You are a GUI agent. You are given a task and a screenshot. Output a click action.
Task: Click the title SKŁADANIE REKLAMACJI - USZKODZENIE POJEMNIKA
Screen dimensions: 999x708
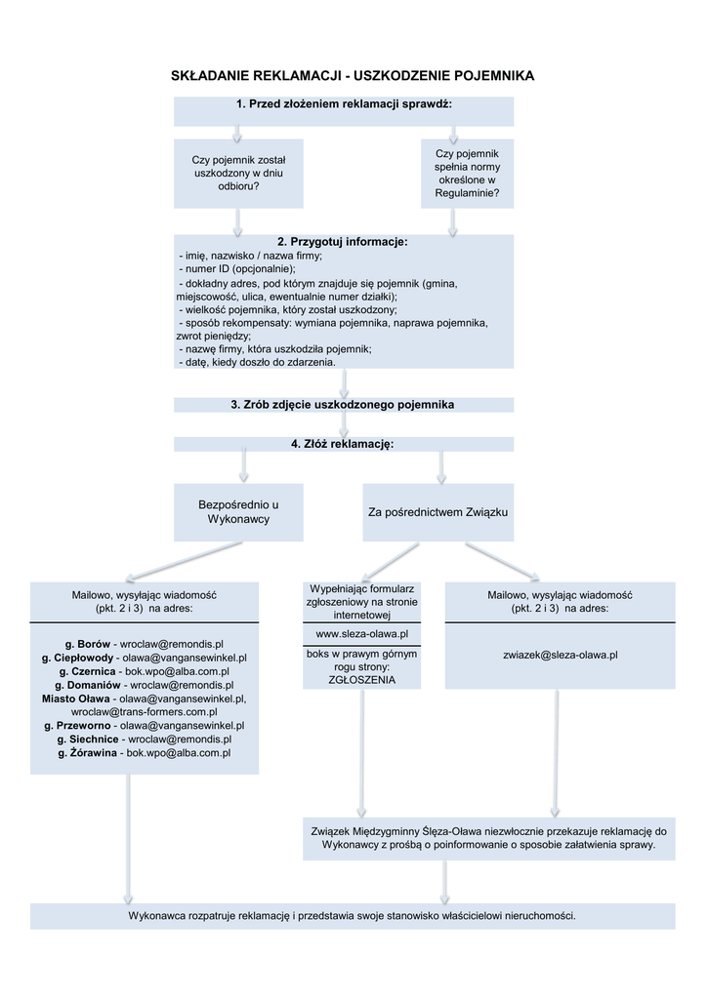click(x=353, y=76)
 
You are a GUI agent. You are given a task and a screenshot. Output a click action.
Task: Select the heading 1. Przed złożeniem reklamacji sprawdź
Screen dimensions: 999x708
click(x=344, y=104)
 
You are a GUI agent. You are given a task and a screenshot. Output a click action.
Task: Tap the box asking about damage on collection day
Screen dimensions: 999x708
click(x=238, y=173)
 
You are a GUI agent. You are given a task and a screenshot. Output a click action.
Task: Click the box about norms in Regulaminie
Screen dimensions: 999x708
click(x=467, y=174)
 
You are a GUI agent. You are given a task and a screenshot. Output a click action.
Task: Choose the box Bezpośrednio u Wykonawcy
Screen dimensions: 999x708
click(x=238, y=512)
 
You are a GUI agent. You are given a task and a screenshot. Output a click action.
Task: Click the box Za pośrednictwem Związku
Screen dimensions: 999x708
click(x=437, y=512)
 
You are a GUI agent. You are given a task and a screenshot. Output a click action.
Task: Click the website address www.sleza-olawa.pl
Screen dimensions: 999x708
click(x=361, y=634)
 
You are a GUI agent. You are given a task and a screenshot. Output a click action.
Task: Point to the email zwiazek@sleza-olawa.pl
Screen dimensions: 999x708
click(x=560, y=655)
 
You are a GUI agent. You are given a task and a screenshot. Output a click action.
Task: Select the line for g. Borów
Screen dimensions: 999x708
click(x=145, y=645)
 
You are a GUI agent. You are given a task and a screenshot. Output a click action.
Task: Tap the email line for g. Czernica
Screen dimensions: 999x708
click(x=145, y=672)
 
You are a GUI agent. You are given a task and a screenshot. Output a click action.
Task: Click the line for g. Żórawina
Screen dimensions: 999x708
click(x=145, y=753)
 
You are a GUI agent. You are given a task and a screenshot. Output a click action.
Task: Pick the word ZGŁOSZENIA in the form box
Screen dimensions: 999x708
click(x=361, y=680)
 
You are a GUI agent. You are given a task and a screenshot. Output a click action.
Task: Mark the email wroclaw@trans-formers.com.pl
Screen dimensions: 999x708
click(x=145, y=712)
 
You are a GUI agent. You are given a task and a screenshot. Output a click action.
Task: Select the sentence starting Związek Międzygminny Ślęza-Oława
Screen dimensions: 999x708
click(x=488, y=838)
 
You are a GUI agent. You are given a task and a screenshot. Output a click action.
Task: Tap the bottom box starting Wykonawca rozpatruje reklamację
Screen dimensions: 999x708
click(x=353, y=916)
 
